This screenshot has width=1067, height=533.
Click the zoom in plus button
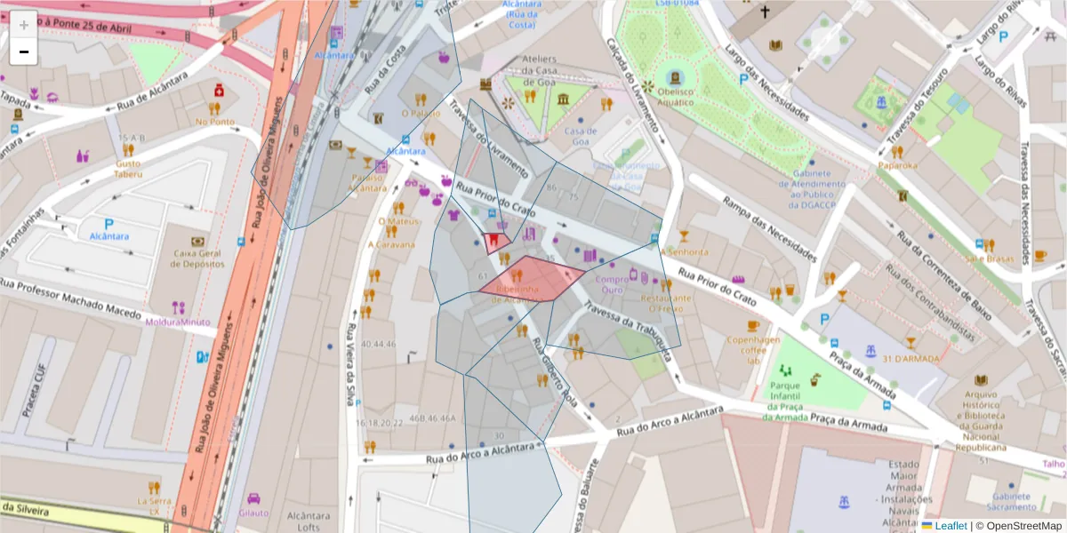tap(23, 24)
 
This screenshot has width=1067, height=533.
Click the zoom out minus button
tap(23, 52)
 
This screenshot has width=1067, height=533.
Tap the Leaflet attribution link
tap(950, 525)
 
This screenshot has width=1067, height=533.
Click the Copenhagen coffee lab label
tap(754, 349)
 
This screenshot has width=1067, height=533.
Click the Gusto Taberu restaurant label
tap(127, 169)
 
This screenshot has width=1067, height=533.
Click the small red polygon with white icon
tap(495, 242)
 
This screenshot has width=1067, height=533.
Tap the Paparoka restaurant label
tap(897, 165)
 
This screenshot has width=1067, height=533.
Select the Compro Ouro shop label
tap(621, 284)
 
